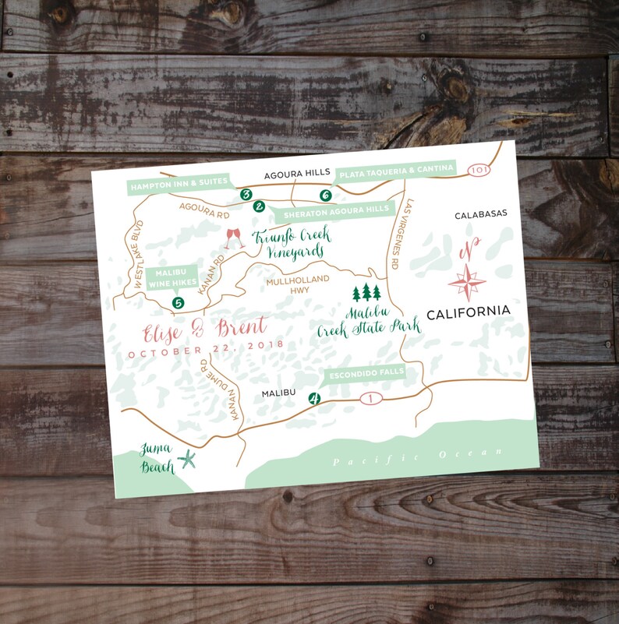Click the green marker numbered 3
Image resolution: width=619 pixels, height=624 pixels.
(246, 194)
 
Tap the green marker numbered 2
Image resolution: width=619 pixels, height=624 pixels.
(259, 206)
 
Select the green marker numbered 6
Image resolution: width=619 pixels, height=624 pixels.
(326, 196)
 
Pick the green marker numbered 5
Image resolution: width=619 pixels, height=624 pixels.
(179, 303)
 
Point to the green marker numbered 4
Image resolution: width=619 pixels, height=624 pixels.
(315, 398)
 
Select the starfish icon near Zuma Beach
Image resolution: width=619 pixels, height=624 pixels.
(187, 460)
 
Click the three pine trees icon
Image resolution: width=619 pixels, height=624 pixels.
(366, 293)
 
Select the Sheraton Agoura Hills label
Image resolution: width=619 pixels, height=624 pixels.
(335, 210)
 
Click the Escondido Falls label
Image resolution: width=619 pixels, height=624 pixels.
(366, 373)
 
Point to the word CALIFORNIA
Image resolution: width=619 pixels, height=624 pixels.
(469, 312)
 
